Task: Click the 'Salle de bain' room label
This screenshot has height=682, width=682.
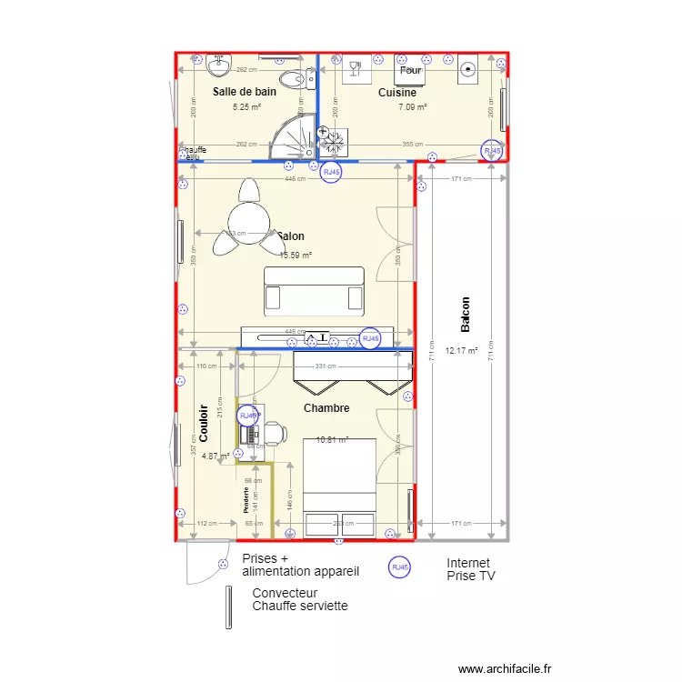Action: point(245,92)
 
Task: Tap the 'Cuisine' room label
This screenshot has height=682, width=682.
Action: point(397,93)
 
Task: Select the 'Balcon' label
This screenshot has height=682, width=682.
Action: point(466,315)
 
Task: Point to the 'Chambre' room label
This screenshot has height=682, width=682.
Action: point(326,408)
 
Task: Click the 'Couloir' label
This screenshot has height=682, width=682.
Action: point(204,423)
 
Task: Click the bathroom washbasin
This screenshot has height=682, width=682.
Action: point(218,65)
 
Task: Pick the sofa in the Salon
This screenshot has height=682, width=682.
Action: point(314,290)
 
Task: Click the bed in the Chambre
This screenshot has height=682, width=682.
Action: point(339,486)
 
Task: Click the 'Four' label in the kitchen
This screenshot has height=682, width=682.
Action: point(411,70)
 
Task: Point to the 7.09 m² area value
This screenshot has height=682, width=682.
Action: point(412,107)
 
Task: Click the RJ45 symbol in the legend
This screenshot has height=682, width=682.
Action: point(398,567)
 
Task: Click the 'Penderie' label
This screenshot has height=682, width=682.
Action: point(246,500)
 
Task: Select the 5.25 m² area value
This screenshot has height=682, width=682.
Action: point(246,107)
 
